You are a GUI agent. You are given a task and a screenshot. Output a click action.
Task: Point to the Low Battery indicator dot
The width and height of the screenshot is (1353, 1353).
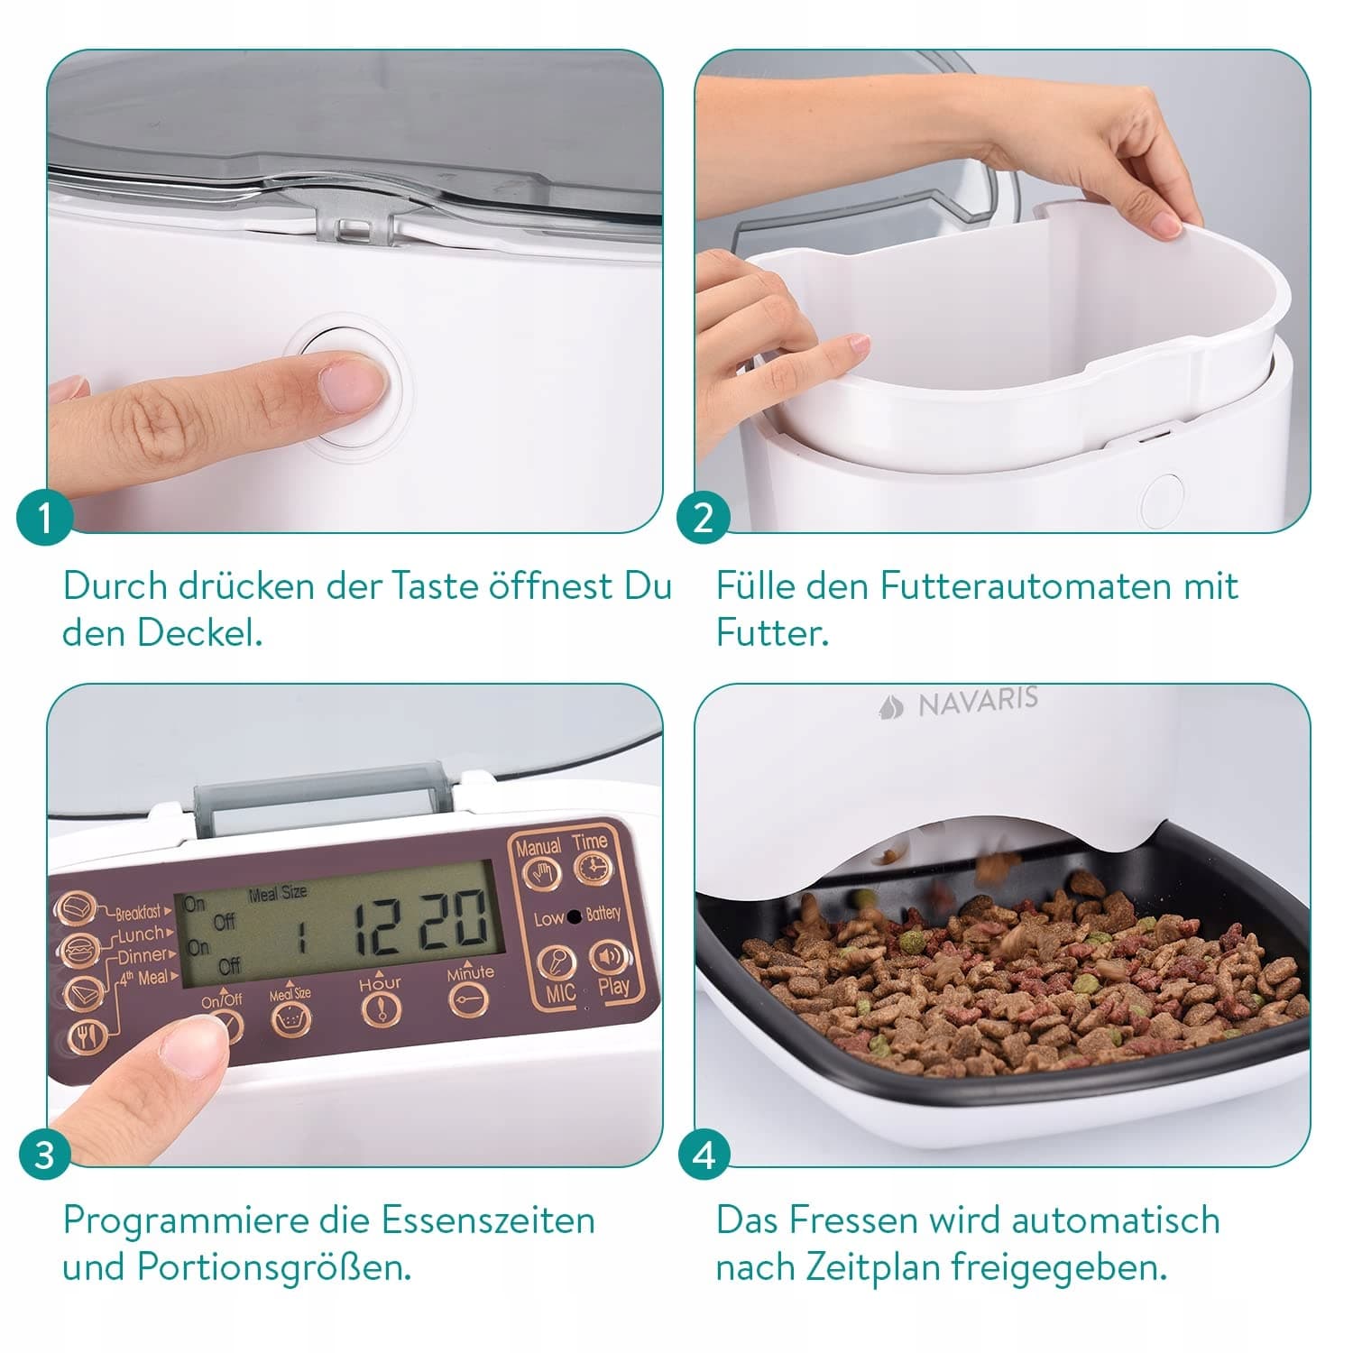[x=573, y=917]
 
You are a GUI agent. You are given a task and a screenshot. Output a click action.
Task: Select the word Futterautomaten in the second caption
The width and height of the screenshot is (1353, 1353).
[x=1025, y=586]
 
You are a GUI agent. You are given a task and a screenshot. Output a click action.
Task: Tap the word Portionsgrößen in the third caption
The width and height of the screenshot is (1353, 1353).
[x=274, y=1267]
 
